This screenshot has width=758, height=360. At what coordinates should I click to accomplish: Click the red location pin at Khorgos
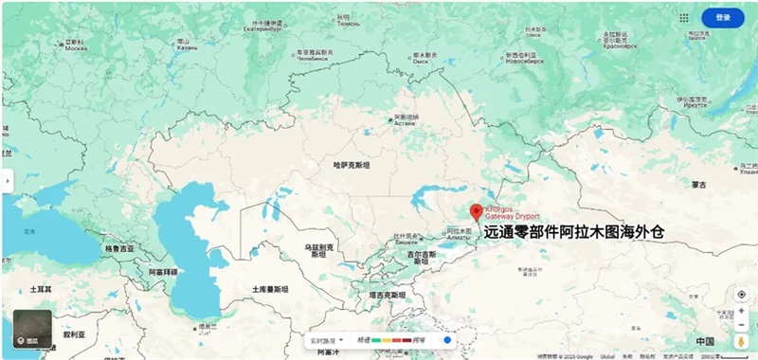477,212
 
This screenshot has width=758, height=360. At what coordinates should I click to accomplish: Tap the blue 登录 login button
722,17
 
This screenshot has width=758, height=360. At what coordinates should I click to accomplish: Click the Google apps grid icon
684,17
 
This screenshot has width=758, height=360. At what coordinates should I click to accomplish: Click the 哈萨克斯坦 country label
352,165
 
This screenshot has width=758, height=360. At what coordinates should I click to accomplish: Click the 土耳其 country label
39,288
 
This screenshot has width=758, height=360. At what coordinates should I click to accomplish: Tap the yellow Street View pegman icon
742,340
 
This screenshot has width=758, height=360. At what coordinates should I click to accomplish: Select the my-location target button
742,295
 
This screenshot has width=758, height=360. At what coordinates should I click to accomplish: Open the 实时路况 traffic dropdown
324,339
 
